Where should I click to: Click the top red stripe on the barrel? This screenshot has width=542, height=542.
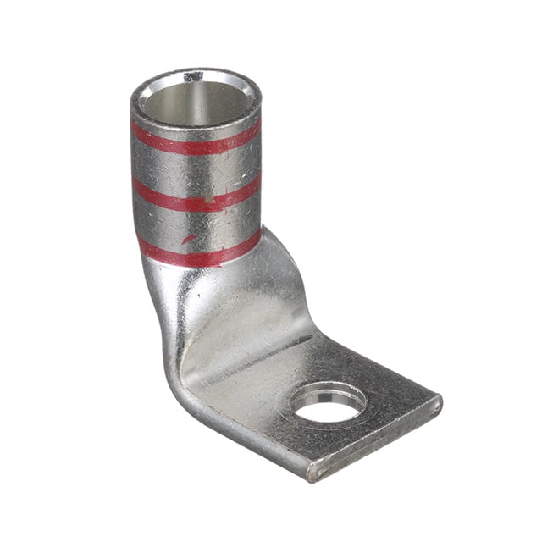(195, 141)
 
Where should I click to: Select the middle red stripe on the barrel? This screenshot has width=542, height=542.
(195, 197)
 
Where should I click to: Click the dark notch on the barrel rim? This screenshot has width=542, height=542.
(193, 76)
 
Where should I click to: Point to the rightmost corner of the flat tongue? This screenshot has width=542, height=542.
(440, 398)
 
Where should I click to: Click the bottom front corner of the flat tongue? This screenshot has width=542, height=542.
(312, 476)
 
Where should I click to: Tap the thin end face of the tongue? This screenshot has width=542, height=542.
(377, 440)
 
